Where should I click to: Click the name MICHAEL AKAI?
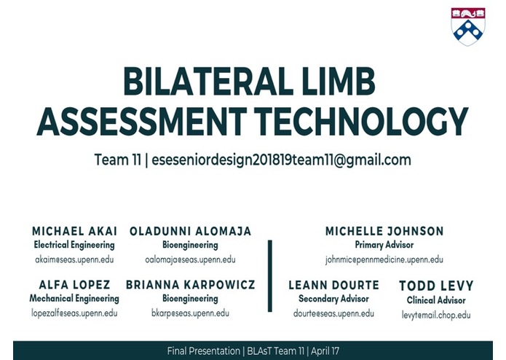pyautogui.click(x=74, y=232)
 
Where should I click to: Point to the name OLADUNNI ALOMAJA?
pyautogui.click(x=190, y=232)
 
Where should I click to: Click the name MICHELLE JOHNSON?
pyautogui.click(x=384, y=232)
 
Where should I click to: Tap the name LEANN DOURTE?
pyautogui.click(x=333, y=285)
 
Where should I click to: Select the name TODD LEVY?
pyautogui.click(x=436, y=286)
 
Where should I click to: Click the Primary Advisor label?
pyautogui.click(x=384, y=246)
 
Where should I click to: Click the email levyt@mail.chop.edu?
pyautogui.click(x=436, y=315)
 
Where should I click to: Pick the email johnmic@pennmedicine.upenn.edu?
pyautogui.click(x=384, y=259)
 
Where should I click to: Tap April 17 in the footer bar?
pyautogui.click(x=325, y=351)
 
